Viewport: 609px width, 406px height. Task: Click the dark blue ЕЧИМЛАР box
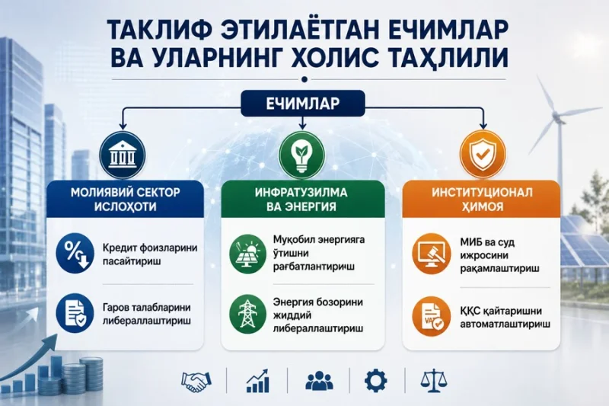point(303,104)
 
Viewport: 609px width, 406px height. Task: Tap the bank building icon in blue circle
point(123,155)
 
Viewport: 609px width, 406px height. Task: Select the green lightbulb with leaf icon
point(301,155)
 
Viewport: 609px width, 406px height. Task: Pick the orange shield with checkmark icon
point(483,155)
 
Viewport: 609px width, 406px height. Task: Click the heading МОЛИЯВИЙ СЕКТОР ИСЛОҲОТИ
point(125,199)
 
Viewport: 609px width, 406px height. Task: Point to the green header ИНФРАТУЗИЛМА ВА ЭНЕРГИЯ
point(301,199)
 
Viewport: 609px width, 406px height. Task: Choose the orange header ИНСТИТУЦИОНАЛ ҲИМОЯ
point(482,199)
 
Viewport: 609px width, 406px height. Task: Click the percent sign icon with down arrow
point(75,253)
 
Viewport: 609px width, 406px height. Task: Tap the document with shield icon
point(75,313)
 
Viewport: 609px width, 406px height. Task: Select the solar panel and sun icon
point(248,254)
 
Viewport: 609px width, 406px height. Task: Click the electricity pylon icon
point(248,315)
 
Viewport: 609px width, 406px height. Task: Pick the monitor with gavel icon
point(431,254)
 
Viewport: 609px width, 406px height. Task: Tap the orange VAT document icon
point(431,316)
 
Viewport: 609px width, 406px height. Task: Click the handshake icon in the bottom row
point(196,381)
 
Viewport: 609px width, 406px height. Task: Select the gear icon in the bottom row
point(375,381)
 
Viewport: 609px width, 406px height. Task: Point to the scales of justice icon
point(433,381)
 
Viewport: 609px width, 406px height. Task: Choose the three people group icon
point(319,381)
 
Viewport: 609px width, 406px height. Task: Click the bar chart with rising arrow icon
point(257,381)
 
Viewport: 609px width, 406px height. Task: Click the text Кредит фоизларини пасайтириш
point(150,254)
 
